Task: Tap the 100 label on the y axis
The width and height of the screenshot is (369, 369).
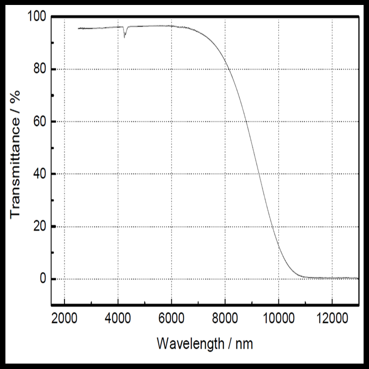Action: [x=37, y=17]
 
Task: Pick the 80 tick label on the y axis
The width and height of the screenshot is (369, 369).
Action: [x=40, y=69]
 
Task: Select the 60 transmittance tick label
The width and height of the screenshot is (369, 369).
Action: [x=40, y=122]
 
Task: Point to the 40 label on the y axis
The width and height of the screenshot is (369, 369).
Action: [x=40, y=174]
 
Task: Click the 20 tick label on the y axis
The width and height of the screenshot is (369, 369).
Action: [x=40, y=226]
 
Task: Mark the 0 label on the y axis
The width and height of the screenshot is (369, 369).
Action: [x=43, y=279]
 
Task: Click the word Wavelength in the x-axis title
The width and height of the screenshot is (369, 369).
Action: [x=190, y=344]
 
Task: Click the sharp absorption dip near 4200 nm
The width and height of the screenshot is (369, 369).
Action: [x=125, y=37]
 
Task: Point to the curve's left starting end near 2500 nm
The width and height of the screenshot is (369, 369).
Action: [x=78, y=28]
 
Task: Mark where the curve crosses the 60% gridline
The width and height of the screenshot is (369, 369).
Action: [x=246, y=122]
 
